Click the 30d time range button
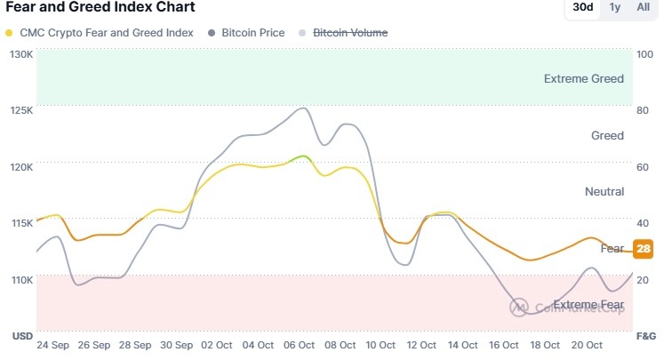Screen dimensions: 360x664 point(583,7)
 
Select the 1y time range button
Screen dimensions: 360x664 point(615,7)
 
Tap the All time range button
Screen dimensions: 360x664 point(643,7)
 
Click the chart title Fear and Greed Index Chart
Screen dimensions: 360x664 point(100,7)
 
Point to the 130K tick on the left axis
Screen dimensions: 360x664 point(21,54)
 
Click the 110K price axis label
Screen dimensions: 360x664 point(21,280)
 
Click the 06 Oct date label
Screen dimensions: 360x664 point(299,345)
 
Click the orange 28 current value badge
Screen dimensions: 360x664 point(644,248)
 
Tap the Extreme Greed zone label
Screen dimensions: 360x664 point(583,79)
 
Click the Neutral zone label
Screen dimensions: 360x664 point(604,192)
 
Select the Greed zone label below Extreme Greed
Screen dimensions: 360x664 point(607,136)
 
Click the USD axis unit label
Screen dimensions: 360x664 point(20,336)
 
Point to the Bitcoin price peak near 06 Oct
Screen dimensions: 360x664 point(304,108)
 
